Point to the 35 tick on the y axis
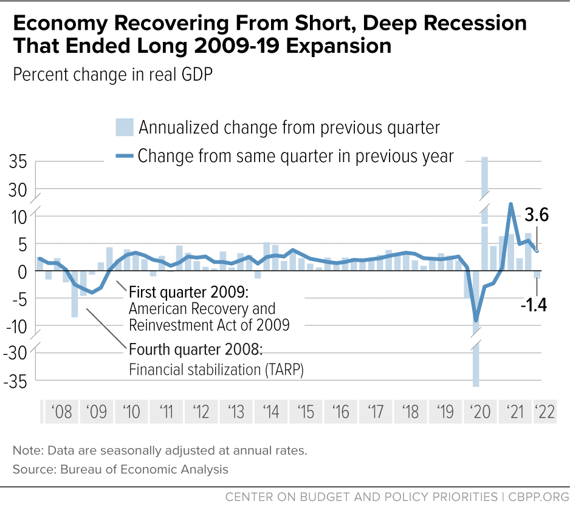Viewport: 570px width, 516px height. pos(18,163)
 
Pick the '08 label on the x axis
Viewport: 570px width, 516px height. pos(62,412)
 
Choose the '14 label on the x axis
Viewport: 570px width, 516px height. pos(270,412)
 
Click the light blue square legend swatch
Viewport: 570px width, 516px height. pos(123,128)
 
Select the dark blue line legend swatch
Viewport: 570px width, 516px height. pos(124,156)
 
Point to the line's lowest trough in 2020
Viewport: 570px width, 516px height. pos(476,321)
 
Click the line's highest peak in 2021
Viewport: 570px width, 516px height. pos(511,204)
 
